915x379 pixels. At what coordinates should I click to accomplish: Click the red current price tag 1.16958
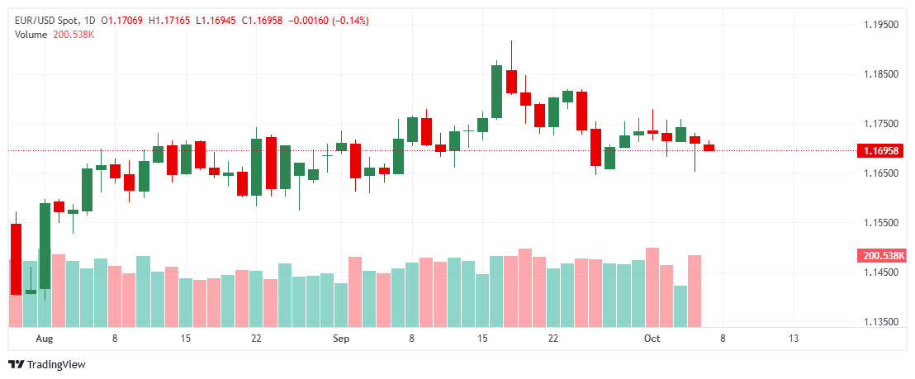(x=882, y=151)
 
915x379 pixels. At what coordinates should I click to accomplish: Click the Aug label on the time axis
(x=45, y=339)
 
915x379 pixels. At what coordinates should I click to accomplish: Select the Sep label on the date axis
(x=341, y=339)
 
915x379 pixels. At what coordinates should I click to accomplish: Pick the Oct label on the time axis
(x=652, y=339)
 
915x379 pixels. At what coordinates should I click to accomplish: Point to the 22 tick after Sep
(x=553, y=339)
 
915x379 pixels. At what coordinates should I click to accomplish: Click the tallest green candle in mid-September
(x=496, y=91)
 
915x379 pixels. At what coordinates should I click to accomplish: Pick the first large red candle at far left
(x=16, y=258)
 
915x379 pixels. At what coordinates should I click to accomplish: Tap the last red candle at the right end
(x=709, y=148)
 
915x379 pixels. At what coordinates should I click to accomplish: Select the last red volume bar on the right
(x=695, y=290)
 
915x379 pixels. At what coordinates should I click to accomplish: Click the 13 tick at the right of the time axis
(x=794, y=339)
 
